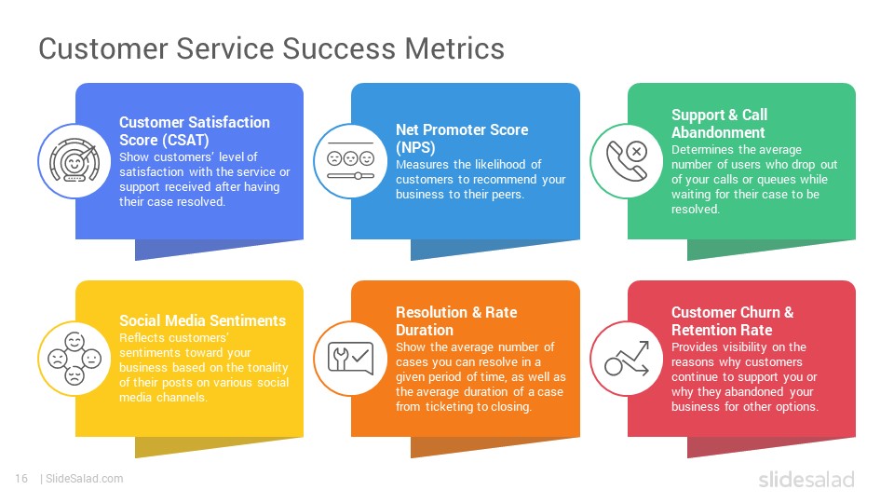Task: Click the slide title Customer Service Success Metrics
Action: (x=271, y=48)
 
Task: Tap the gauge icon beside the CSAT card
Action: (x=74, y=161)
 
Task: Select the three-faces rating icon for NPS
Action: (x=351, y=161)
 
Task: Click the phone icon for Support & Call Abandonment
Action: (x=627, y=161)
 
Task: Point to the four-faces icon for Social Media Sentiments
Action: (x=74, y=359)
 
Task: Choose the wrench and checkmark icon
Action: (x=351, y=358)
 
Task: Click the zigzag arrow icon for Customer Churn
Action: (x=627, y=359)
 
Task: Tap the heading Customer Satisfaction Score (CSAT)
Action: (x=195, y=131)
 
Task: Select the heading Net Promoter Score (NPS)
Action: (x=462, y=139)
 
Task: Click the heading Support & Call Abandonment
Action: (x=719, y=124)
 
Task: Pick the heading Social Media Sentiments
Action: (x=202, y=320)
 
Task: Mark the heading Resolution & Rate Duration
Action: (x=456, y=321)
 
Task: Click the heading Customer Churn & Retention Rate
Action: (x=732, y=321)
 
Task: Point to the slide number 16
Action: (x=21, y=479)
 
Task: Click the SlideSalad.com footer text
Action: (x=84, y=479)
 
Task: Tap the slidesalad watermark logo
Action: (x=806, y=479)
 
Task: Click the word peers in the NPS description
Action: (x=508, y=195)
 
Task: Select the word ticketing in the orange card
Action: (x=449, y=407)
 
